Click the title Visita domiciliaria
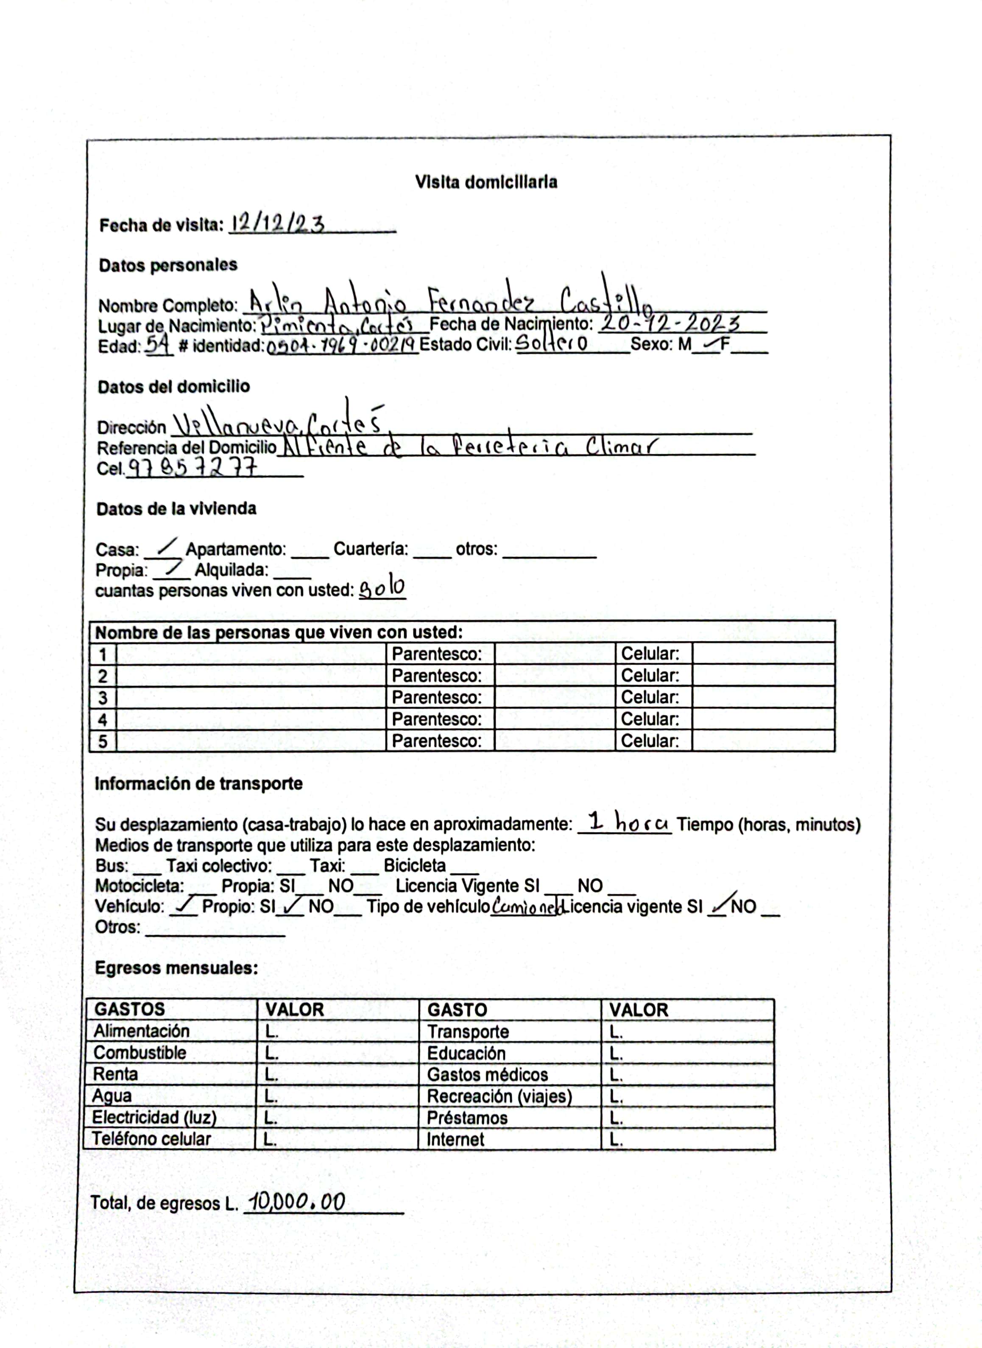[x=485, y=182]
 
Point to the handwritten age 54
[x=158, y=343]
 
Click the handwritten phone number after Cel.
[x=193, y=468]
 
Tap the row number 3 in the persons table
[x=103, y=697]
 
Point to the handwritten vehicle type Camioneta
[x=525, y=907]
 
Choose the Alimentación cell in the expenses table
[x=142, y=1031]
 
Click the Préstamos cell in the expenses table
[x=467, y=1118]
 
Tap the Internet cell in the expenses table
[x=455, y=1139]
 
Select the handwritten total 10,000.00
[x=297, y=1202]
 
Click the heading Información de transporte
[x=198, y=784]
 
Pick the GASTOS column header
[x=130, y=1009]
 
